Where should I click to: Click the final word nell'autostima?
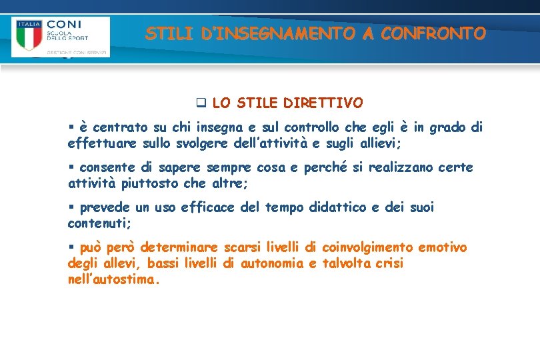point(114,280)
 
